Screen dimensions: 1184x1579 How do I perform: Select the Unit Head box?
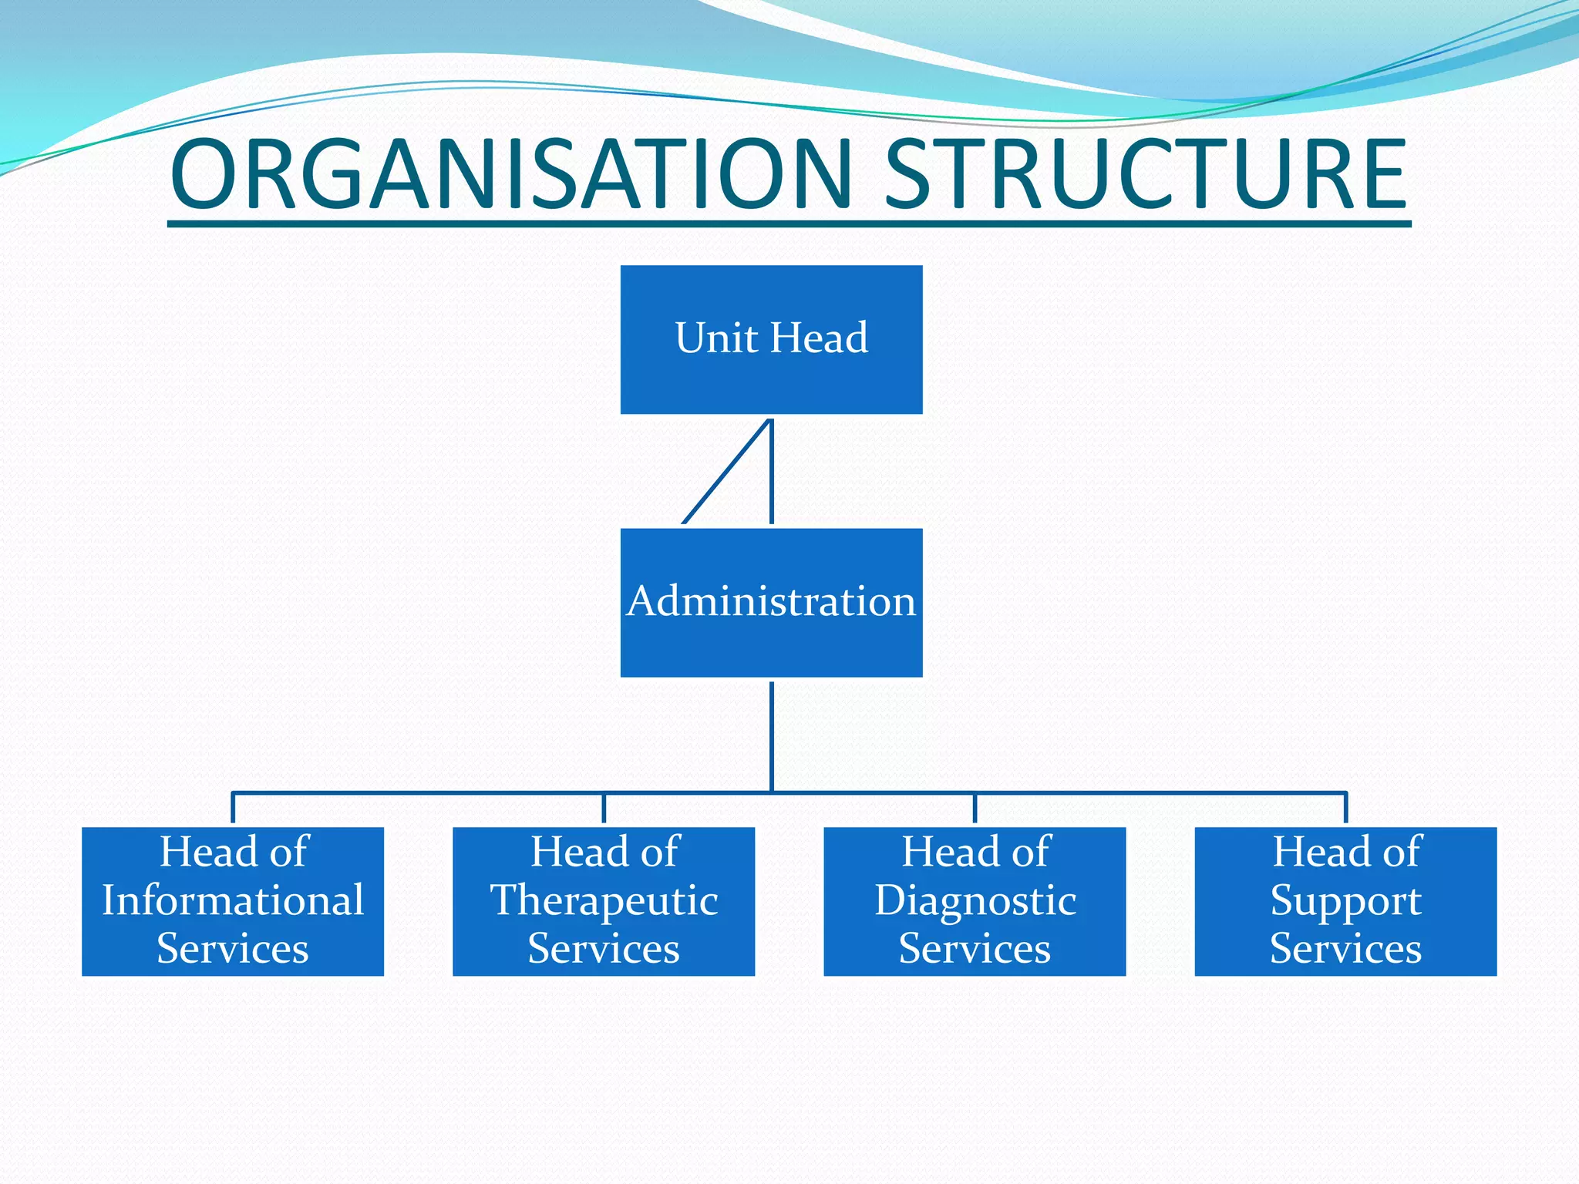tap(771, 339)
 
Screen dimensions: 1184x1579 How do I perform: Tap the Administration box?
tap(771, 602)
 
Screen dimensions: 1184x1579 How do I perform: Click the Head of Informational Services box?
tap(233, 901)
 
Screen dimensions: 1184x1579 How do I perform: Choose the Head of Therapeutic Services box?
tap(604, 901)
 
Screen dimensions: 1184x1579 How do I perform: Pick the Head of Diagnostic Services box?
tap(975, 901)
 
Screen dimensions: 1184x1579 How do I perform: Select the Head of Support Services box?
tap(1345, 901)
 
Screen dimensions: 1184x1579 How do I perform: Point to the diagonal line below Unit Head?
tap(726, 472)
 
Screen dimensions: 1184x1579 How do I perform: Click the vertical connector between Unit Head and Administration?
tap(772, 472)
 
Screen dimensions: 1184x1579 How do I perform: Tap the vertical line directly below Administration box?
tap(772, 736)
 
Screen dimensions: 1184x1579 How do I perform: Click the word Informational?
tap(233, 900)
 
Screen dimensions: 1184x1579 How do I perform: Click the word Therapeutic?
tap(604, 901)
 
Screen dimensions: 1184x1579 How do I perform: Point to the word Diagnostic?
tap(975, 901)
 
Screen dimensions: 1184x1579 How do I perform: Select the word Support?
tap(1345, 901)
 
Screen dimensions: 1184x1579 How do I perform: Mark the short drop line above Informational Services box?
tap(233, 808)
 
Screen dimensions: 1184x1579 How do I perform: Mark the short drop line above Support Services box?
tap(1345, 808)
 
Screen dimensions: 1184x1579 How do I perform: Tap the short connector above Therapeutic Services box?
tap(604, 808)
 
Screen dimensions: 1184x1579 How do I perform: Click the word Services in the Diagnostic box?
tap(975, 949)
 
